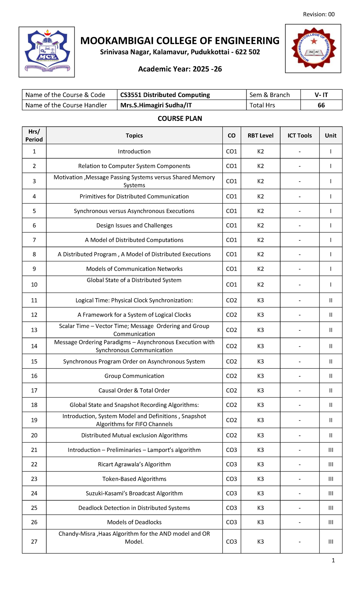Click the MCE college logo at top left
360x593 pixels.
47,52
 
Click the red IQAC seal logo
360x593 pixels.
313,49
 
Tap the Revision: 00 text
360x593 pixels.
319,14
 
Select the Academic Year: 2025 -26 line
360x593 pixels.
180,69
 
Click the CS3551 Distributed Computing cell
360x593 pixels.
165,95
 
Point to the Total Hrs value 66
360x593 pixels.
321,105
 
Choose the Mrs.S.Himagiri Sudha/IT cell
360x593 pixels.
156,105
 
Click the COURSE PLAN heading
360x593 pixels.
180,119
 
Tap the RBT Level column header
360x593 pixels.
260,135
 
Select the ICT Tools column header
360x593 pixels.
299,135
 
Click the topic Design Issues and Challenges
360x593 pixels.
134,225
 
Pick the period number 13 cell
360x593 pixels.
34,330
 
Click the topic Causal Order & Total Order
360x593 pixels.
134,390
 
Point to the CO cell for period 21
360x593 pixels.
231,450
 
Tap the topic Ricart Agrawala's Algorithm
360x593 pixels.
134,464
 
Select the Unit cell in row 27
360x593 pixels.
331,542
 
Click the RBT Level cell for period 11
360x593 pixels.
260,300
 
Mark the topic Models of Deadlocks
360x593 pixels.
134,522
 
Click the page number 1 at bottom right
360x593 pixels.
333,560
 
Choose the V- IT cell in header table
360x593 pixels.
321,95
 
